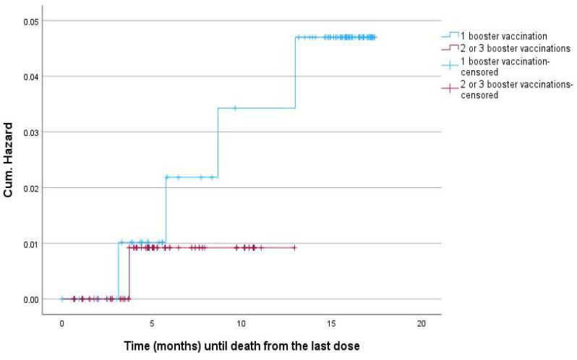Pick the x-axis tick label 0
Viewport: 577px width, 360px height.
(62, 322)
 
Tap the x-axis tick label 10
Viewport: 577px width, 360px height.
(242, 322)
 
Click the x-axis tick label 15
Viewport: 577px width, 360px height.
(331, 322)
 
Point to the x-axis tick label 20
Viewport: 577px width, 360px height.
(421, 322)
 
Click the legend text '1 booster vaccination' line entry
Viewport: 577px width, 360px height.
(506, 35)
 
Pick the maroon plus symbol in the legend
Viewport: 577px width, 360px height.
(450, 89)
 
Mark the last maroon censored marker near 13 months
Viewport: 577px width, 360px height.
(295, 248)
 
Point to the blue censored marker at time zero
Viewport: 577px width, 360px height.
(62, 299)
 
